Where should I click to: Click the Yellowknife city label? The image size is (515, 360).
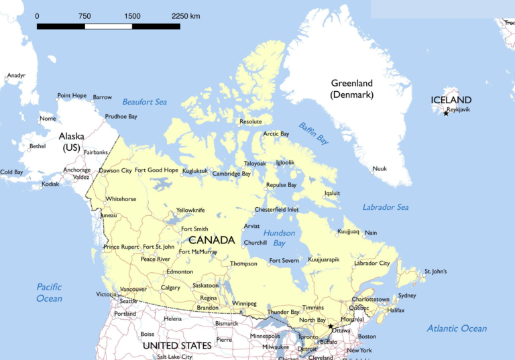pos(190,210)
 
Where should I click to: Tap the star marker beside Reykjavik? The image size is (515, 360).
pos(446,113)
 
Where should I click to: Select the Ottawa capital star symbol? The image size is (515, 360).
pos(331,326)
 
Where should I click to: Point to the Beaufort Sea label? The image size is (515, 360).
pos(144,102)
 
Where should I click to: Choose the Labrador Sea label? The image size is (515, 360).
pos(386,207)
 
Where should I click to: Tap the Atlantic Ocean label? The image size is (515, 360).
pos(457,328)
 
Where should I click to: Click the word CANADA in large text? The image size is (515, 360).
pos(211,240)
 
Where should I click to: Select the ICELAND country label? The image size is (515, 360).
pos(451,100)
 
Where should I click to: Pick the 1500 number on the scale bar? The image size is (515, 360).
pos(132,15)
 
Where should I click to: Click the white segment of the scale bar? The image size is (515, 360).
pos(108,26)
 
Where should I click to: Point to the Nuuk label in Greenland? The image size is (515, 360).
pos(380,169)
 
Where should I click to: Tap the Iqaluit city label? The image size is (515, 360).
pos(332,193)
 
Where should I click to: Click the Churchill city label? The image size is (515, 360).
pos(255,243)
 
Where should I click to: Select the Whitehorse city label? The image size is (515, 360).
pos(121,199)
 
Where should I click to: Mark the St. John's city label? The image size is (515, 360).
pos(435,272)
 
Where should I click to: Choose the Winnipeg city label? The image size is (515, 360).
pos(244,304)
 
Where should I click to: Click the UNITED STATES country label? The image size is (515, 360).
pos(177,346)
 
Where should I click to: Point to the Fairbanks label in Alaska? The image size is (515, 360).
pos(96,152)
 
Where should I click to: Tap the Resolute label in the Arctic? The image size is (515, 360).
pos(251,121)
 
